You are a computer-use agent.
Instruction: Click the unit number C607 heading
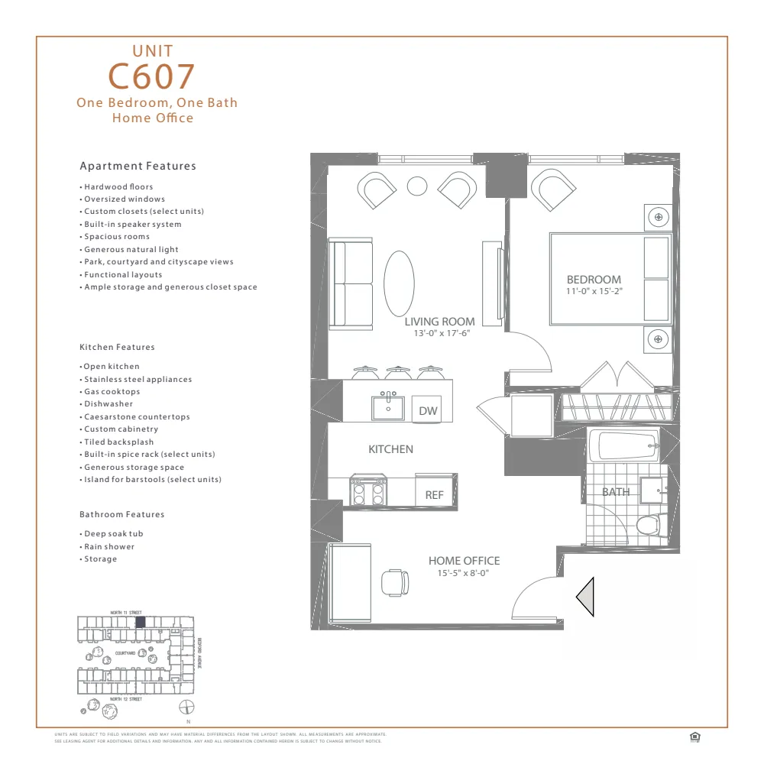click(151, 76)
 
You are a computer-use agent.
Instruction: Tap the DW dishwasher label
click(428, 411)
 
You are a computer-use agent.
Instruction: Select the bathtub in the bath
click(624, 445)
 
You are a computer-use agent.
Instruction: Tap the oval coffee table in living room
click(399, 283)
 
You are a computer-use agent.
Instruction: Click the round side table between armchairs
click(416, 186)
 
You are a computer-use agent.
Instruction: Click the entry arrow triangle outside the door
click(586, 597)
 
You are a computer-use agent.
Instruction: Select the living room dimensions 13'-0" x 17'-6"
click(439, 333)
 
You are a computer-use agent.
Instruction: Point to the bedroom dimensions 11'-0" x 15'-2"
click(594, 291)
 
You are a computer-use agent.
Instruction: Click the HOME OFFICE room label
click(464, 561)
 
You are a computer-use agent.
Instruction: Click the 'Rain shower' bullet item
click(109, 546)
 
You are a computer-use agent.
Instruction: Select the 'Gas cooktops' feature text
click(112, 391)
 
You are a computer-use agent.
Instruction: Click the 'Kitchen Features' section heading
click(117, 347)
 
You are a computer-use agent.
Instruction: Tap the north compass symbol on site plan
click(185, 707)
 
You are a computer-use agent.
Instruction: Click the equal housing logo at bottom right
click(694, 736)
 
